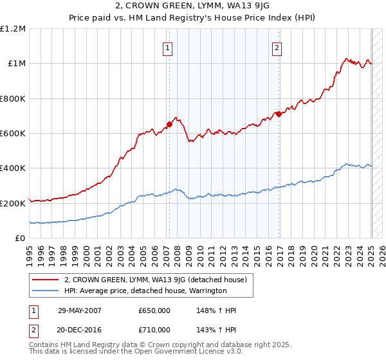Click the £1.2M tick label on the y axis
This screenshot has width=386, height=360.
(13, 29)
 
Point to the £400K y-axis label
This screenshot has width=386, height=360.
(13, 168)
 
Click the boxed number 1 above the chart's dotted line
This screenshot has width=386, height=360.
(167, 47)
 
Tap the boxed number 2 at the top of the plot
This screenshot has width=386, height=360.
(276, 47)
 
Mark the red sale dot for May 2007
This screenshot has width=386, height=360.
(170, 125)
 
